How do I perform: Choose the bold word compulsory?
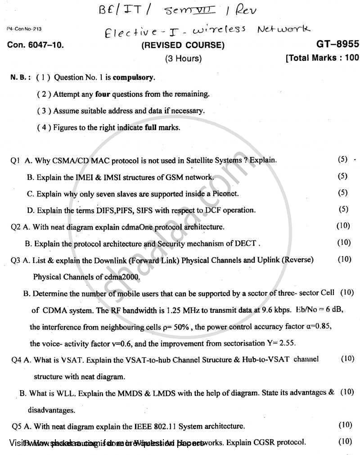pos(134,77)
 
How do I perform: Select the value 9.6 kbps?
pos(274,310)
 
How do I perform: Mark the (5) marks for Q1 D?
pos(343,209)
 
